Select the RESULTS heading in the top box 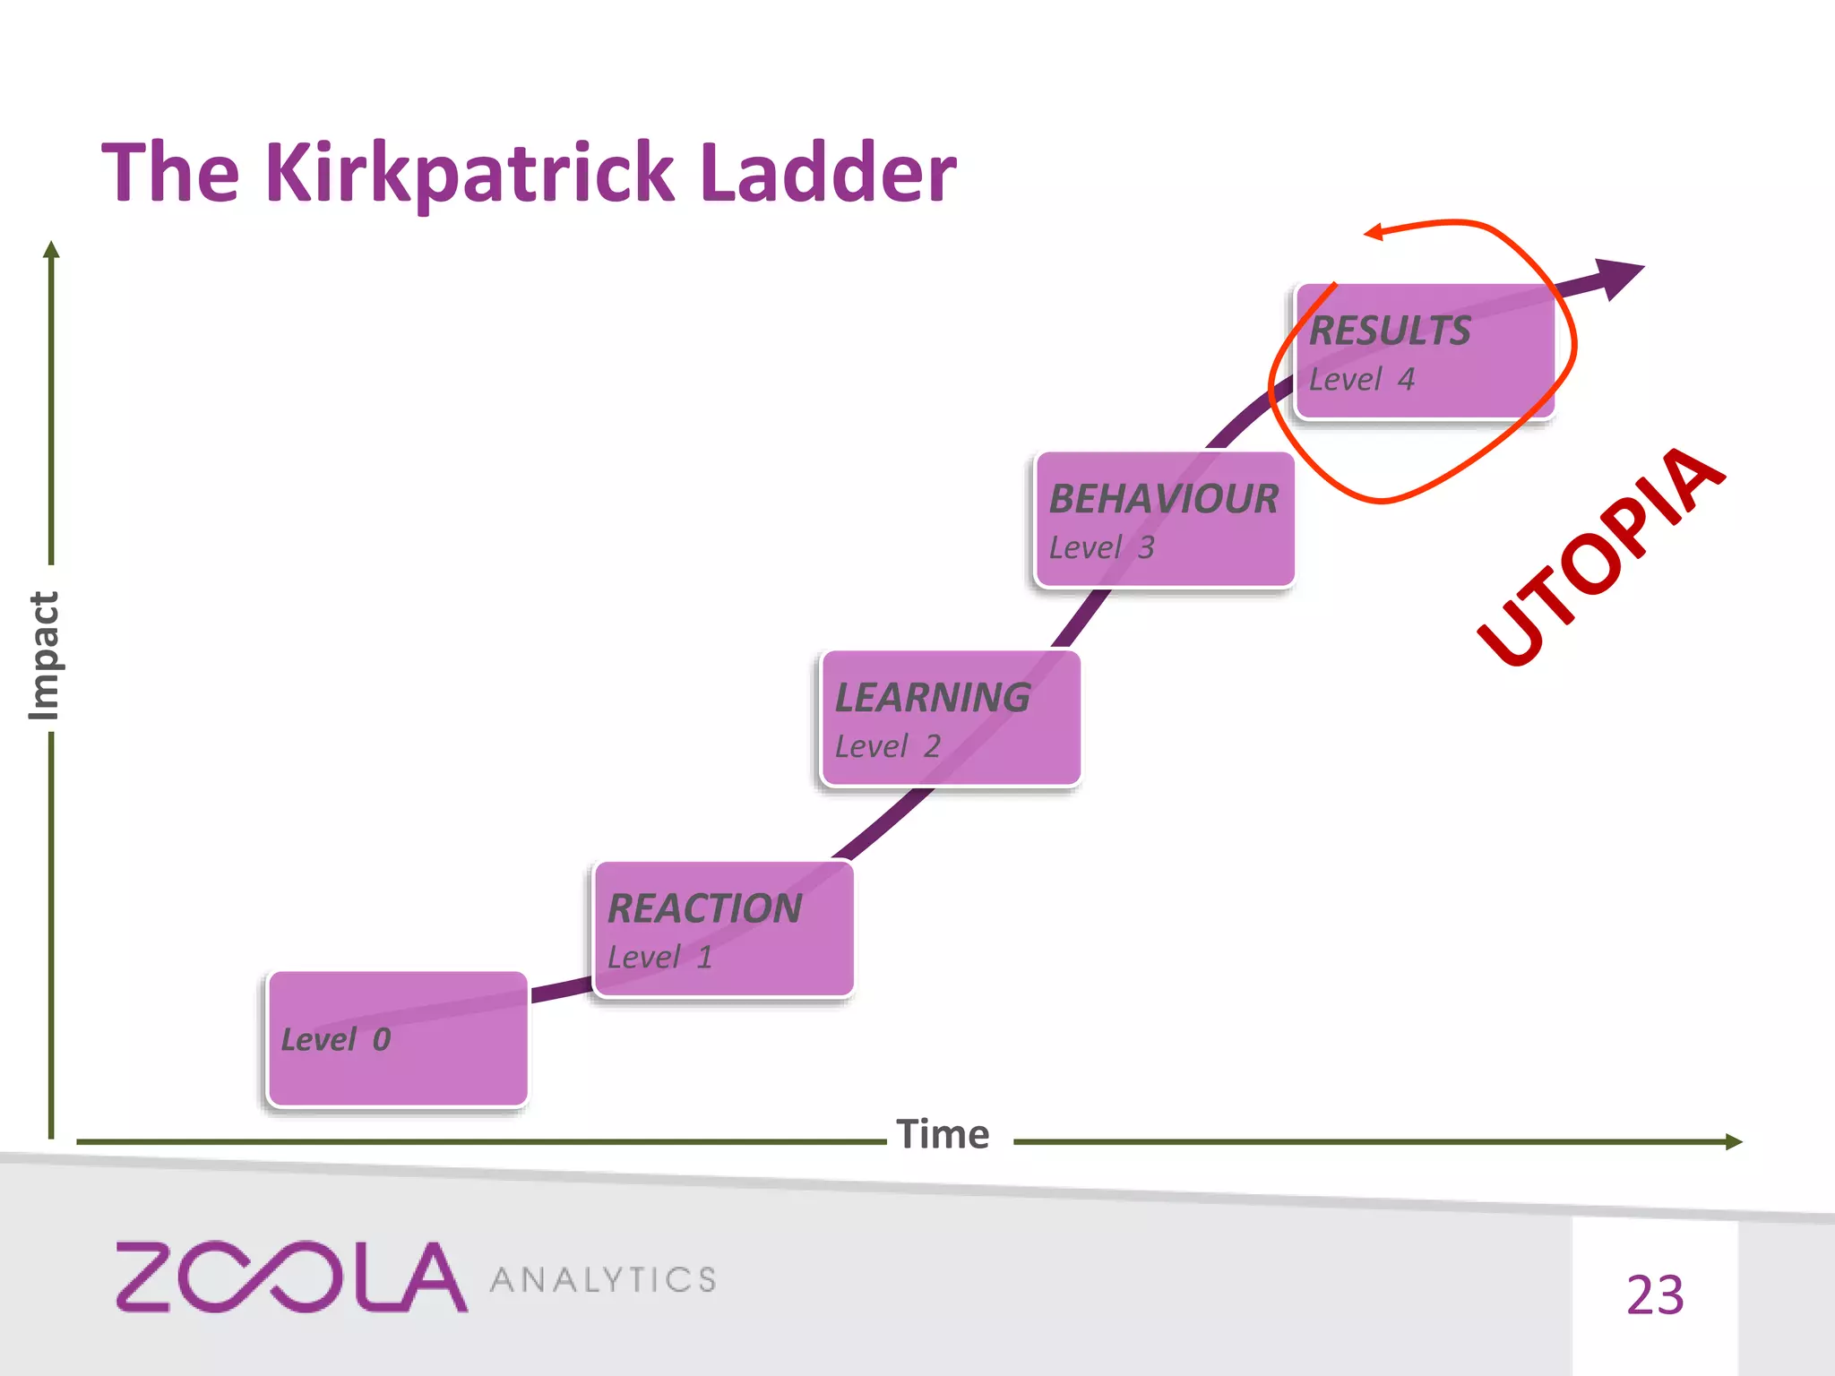(1390, 331)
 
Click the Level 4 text (1362, 380)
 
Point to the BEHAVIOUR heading (1164, 499)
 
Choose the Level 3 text (1102, 547)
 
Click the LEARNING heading (933, 698)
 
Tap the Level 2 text (888, 746)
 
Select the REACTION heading (705, 908)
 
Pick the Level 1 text (660, 958)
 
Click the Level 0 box (397, 1039)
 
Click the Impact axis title (44, 655)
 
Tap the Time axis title (943, 1135)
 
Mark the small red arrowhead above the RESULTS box (1374, 233)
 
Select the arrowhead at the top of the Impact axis (52, 249)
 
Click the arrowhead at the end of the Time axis (1734, 1141)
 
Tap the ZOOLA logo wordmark (291, 1277)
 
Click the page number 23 (1655, 1295)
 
